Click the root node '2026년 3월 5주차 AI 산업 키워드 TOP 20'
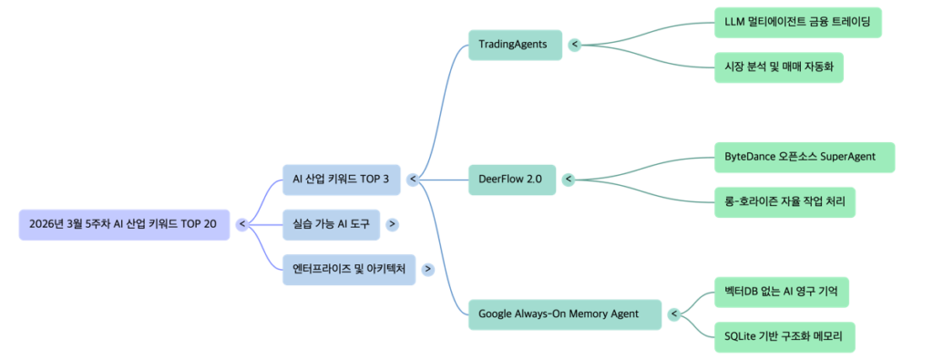point(124,224)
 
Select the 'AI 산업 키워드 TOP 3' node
point(340,180)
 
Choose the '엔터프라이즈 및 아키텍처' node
point(348,269)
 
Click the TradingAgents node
point(514,44)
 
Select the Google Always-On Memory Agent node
point(564,314)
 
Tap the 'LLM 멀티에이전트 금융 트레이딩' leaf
point(797,22)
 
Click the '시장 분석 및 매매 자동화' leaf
point(778,67)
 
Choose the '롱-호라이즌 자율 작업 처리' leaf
point(784,201)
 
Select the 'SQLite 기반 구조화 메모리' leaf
point(784,337)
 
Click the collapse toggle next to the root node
point(242,224)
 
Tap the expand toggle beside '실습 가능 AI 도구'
point(392,224)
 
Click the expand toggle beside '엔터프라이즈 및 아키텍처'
point(427,269)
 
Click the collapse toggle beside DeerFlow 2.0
point(569,180)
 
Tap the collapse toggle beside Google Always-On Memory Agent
point(674,314)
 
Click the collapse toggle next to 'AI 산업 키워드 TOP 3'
point(413,180)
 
